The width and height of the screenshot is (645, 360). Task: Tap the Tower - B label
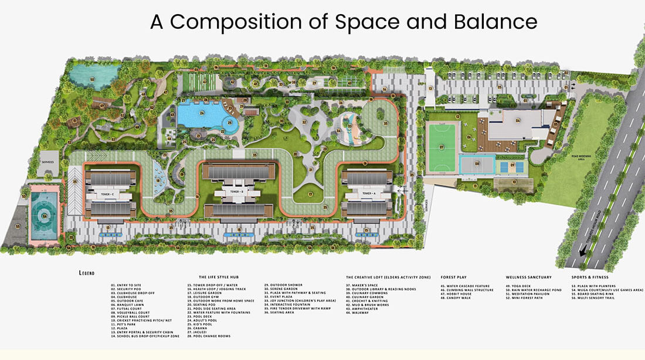(x=236, y=192)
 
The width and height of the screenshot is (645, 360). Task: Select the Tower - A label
(x=367, y=193)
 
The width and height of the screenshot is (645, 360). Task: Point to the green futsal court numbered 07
(x=442, y=147)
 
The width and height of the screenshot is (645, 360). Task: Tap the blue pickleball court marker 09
(x=512, y=166)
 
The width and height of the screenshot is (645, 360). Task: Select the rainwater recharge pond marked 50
(x=91, y=78)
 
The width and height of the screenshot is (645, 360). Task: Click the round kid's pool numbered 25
(x=231, y=124)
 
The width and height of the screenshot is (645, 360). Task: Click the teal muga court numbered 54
(x=43, y=215)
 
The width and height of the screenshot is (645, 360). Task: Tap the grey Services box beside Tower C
(x=47, y=162)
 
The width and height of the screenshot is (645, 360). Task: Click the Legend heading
(x=86, y=273)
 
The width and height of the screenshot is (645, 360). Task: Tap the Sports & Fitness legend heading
(x=590, y=277)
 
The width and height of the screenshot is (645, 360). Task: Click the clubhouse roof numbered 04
(x=518, y=121)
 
